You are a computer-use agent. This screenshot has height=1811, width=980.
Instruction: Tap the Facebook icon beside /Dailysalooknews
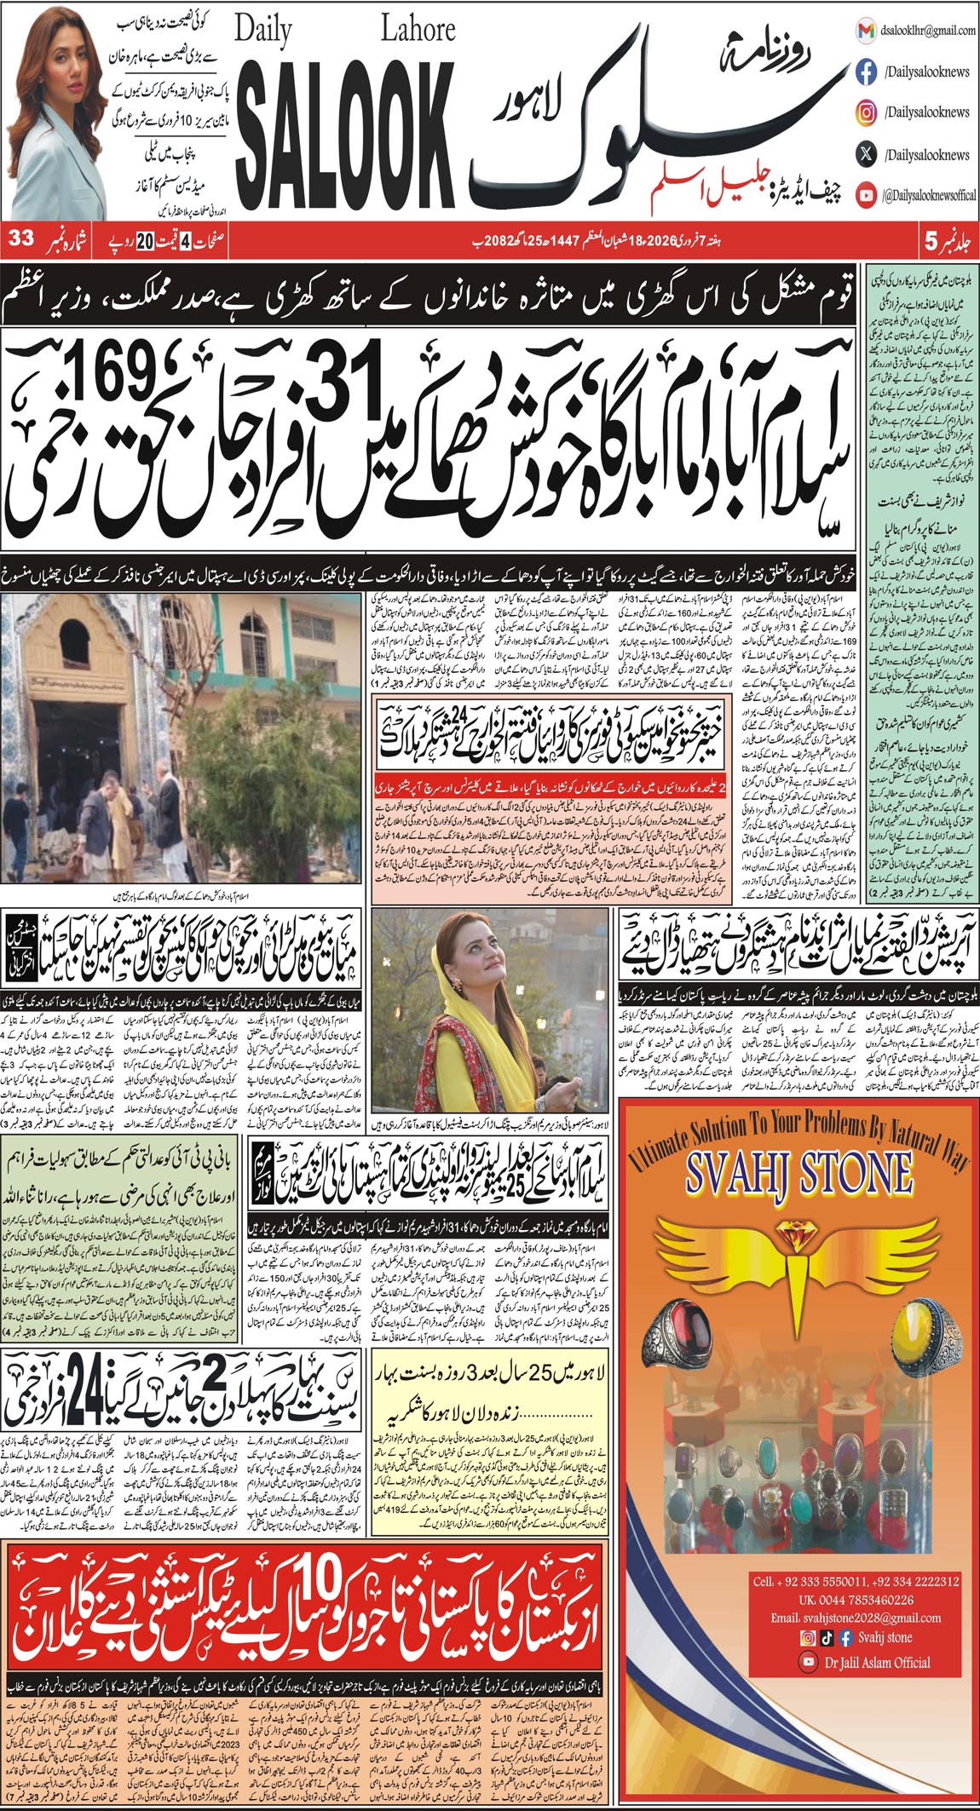866,72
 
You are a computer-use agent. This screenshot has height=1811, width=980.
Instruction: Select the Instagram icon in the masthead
866,113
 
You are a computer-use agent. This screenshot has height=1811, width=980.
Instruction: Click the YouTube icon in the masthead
866,196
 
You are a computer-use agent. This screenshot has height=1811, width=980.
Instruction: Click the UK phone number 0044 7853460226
842,1600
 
